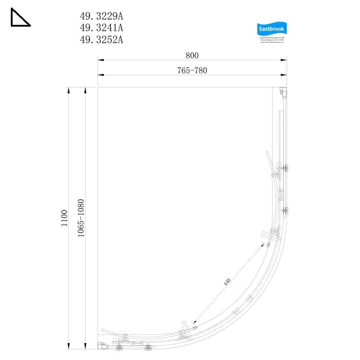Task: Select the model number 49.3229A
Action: click(101, 16)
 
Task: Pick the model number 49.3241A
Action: click(101, 28)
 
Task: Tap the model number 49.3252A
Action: click(101, 40)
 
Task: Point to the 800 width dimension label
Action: click(192, 55)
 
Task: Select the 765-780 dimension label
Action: click(192, 71)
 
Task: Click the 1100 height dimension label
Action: click(64, 217)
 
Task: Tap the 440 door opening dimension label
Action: click(227, 282)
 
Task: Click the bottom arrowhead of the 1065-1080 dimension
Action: click(85, 346)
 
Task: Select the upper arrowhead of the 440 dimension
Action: click(266, 245)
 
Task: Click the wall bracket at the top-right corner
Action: click(284, 92)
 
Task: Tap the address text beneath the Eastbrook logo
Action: click(272, 40)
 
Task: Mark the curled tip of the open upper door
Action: click(266, 153)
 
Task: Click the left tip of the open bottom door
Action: click(103, 330)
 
